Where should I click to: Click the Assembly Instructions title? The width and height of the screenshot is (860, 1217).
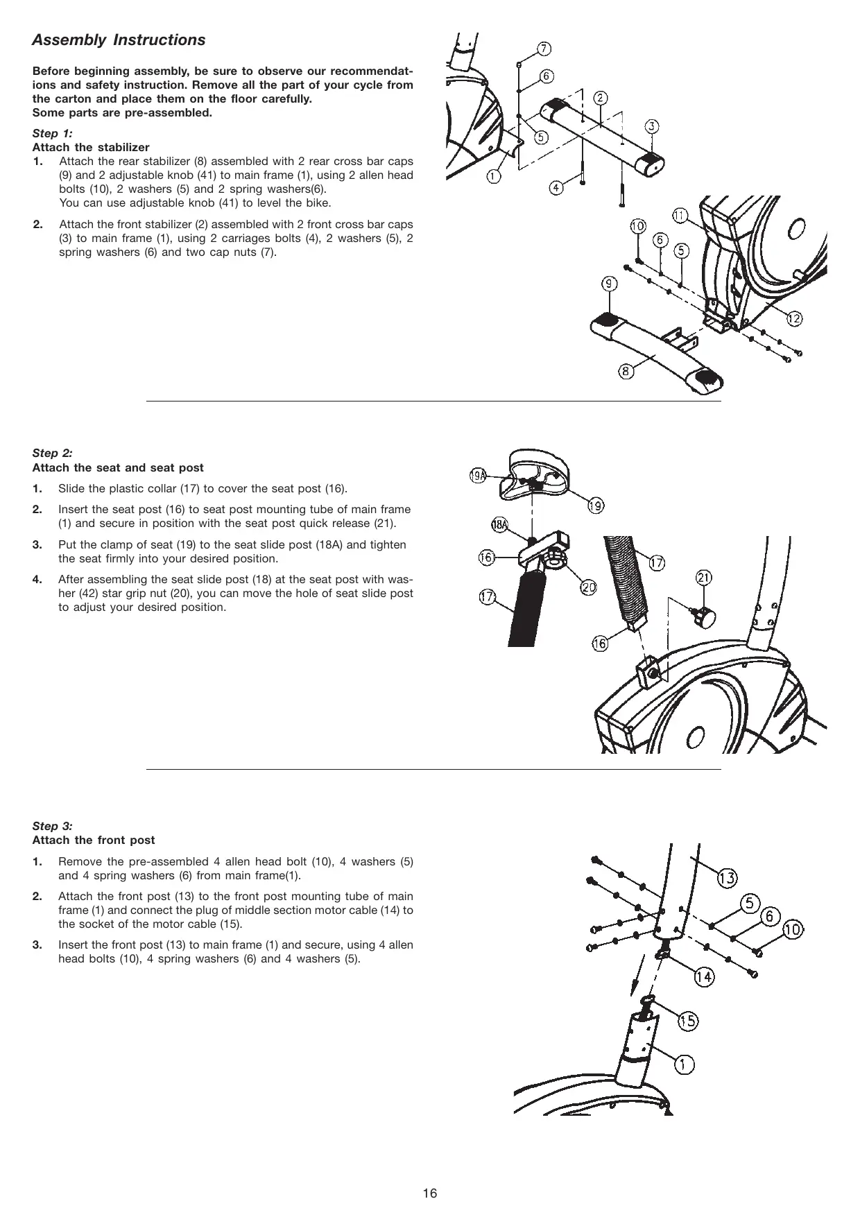(119, 40)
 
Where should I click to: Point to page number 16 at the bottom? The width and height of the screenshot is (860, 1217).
(430, 1193)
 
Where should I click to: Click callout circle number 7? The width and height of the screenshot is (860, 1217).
(544, 49)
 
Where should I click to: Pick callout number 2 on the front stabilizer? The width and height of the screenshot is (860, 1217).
(601, 98)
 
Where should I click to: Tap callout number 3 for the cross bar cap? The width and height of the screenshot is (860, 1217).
(652, 126)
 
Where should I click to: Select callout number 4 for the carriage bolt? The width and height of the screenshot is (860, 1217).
(556, 187)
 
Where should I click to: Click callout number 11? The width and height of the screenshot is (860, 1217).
(680, 216)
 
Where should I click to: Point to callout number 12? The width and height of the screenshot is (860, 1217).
(794, 318)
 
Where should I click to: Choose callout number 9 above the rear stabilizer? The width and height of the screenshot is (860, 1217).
(610, 284)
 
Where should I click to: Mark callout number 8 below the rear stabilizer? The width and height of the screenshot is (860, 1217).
(626, 372)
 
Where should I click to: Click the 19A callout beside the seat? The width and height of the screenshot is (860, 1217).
(478, 475)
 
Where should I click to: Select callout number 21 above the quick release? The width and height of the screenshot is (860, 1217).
(704, 578)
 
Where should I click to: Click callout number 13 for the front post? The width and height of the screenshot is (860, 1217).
(726, 879)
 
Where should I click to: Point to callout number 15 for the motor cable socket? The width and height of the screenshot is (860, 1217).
(687, 1020)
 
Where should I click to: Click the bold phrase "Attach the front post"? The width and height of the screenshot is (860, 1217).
(94, 840)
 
